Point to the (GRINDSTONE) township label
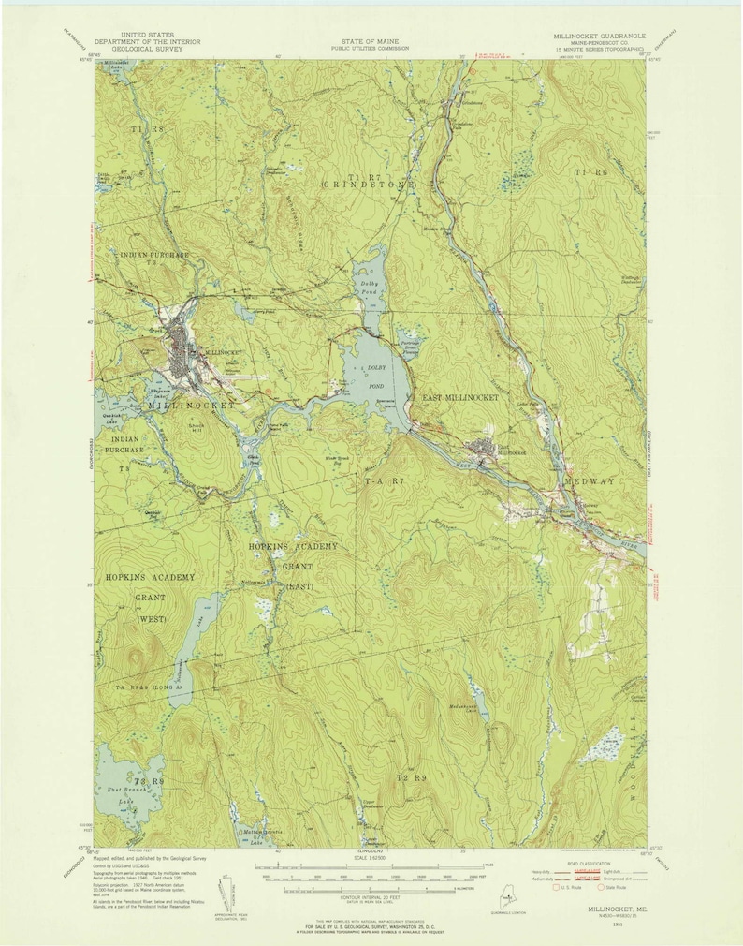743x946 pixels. pyautogui.click(x=355, y=185)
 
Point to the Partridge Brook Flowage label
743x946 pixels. pyautogui.click(x=415, y=347)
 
